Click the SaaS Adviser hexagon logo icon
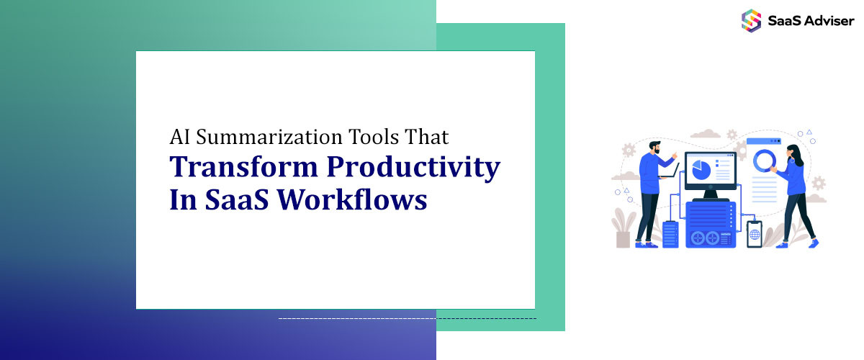click(751, 20)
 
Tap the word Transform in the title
click(243, 167)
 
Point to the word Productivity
click(413, 168)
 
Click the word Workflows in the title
click(352, 199)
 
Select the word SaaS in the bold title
click(237, 199)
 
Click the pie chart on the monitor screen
click(701, 170)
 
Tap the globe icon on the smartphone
click(755, 234)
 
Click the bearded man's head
click(654, 148)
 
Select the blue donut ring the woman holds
click(764, 161)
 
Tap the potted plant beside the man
click(622, 228)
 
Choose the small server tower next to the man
click(670, 234)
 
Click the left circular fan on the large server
click(698, 238)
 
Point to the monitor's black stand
click(711, 195)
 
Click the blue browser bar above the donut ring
click(764, 141)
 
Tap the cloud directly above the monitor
click(706, 133)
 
